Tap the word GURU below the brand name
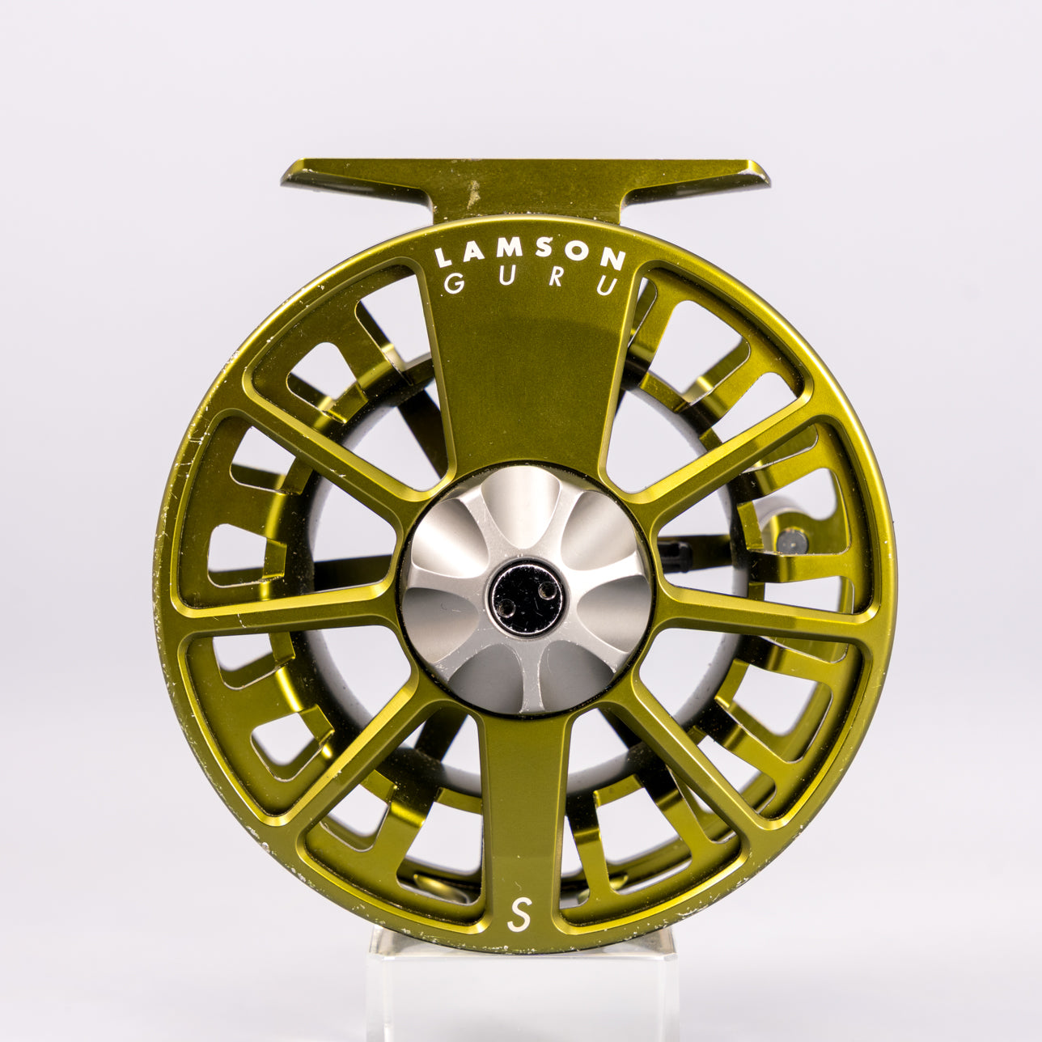click(x=530, y=286)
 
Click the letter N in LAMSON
click(x=616, y=258)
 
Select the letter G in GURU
click(x=452, y=285)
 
